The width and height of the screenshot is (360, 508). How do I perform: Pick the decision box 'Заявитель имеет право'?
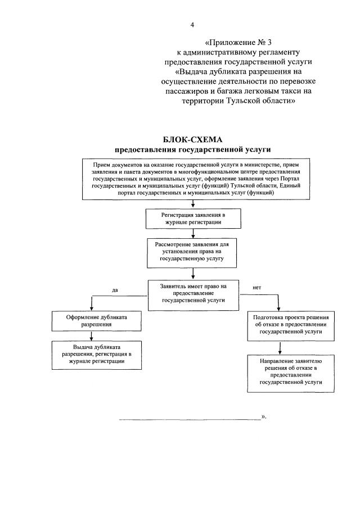coord(193,294)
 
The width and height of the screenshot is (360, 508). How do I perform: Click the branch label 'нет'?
coord(257,288)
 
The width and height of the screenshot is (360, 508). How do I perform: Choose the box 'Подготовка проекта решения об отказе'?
coord(290,325)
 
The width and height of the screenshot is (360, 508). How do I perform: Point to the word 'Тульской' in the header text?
coord(243,101)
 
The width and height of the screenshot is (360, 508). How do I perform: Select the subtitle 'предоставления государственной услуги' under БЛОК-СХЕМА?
coord(193,149)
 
